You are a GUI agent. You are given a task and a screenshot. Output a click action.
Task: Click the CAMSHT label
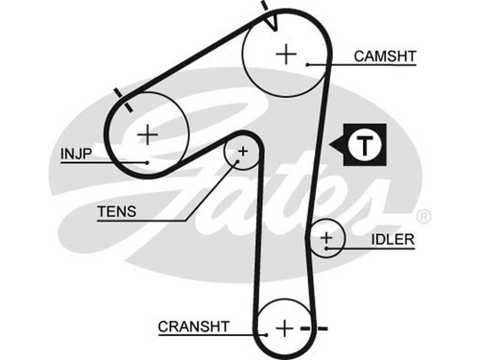(385, 56)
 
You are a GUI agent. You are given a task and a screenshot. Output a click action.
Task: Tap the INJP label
(76, 154)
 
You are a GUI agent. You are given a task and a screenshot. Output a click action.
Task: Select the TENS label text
(116, 211)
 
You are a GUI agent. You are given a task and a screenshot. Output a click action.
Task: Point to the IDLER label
(392, 239)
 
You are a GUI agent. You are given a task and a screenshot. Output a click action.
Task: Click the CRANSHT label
(194, 326)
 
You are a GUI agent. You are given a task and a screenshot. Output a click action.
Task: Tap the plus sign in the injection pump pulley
(147, 134)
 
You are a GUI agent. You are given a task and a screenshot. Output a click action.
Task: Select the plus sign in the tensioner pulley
(242, 151)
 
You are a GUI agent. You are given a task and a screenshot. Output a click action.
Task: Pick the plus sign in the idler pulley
(326, 239)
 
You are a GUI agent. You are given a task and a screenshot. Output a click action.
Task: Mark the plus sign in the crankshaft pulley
(284, 328)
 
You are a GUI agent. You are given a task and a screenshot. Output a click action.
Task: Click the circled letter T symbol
(364, 145)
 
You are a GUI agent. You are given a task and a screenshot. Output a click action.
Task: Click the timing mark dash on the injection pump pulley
(123, 99)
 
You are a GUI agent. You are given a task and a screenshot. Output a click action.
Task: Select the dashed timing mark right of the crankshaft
(314, 328)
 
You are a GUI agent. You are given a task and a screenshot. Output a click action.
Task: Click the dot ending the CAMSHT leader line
(307, 64)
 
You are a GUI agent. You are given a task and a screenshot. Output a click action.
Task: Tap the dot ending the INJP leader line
(147, 162)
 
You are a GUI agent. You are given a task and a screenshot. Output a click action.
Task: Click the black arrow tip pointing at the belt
(332, 145)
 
